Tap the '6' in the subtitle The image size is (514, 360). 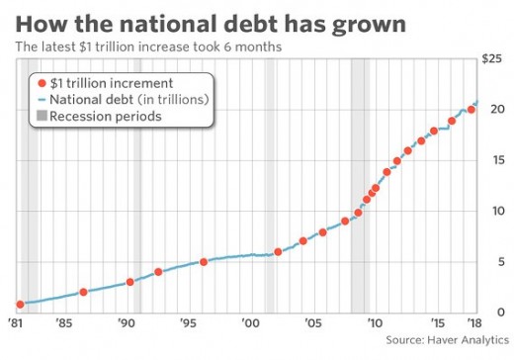(x=227, y=46)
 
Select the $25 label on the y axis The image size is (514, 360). (x=491, y=58)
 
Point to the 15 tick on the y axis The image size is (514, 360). (x=497, y=160)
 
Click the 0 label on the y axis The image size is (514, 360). (x=501, y=312)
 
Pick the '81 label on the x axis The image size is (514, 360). (x=15, y=322)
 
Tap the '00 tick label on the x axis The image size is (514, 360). (x=250, y=322)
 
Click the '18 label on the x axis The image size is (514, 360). (x=474, y=322)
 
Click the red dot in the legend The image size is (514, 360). (x=42, y=83)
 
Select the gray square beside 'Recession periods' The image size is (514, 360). (x=42, y=116)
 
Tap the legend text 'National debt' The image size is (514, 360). (x=92, y=100)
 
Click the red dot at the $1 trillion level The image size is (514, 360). (x=20, y=305)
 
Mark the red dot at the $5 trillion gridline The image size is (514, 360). (x=204, y=262)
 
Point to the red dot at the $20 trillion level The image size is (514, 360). (x=471, y=110)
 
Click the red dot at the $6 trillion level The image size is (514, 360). (x=278, y=252)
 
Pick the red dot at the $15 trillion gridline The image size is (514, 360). (x=397, y=161)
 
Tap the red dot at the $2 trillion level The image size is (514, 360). (x=83, y=292)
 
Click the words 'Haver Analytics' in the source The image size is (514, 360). (x=468, y=340)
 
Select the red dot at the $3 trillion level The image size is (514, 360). (x=130, y=282)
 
